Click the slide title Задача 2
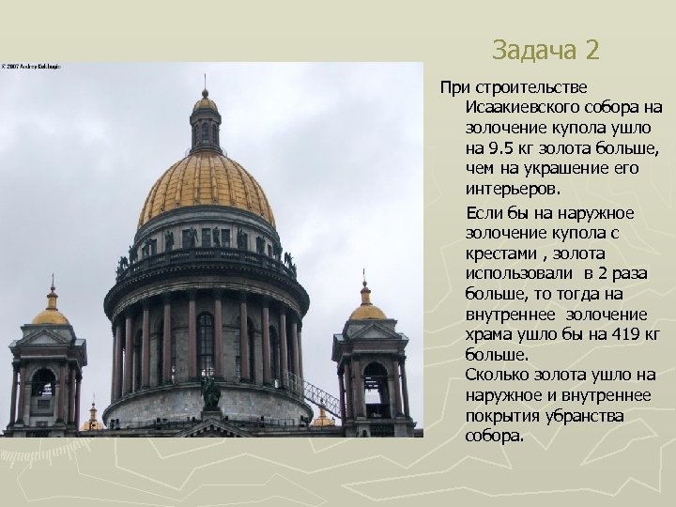click(545, 48)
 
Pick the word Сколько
click(494, 376)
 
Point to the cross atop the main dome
click(205, 82)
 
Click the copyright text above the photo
click(31, 67)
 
